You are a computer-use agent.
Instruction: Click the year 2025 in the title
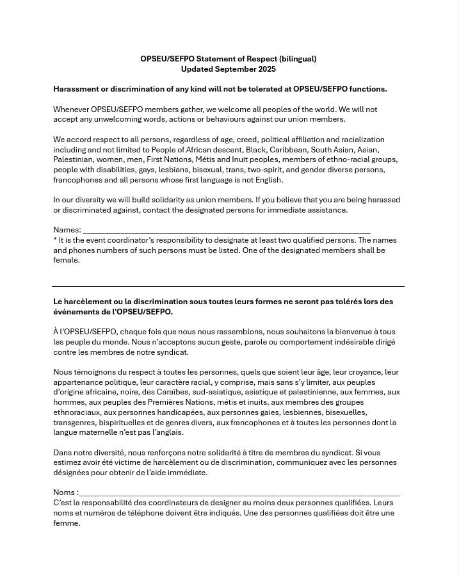(x=267, y=69)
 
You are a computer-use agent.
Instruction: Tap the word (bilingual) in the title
(x=298, y=59)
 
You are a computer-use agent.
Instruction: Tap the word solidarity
(x=179, y=200)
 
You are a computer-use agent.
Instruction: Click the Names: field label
(x=67, y=230)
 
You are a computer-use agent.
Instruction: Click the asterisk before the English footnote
(x=55, y=240)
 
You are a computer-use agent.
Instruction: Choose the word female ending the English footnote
(x=66, y=260)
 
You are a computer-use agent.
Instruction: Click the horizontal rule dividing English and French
(x=228, y=286)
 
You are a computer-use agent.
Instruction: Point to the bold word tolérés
(x=344, y=302)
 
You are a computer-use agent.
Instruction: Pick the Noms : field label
(x=65, y=492)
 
